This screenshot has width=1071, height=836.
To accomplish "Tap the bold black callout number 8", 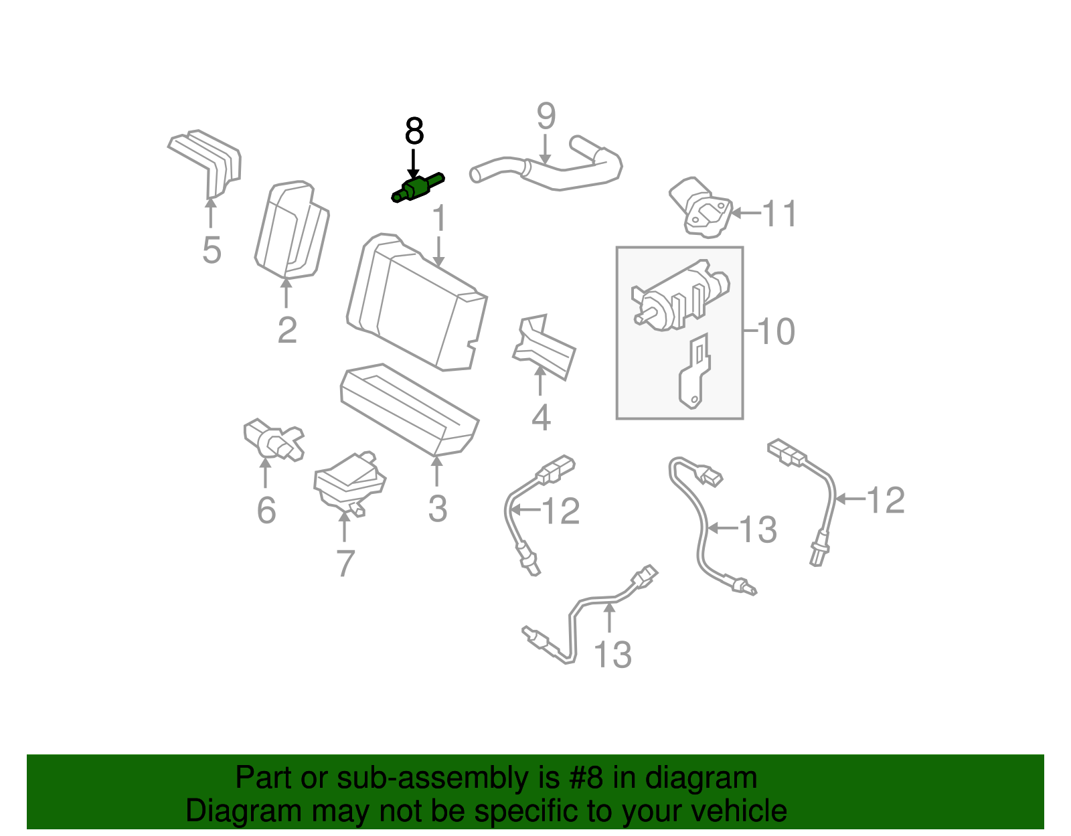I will click(x=414, y=132).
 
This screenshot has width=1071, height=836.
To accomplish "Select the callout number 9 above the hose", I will click(x=546, y=117).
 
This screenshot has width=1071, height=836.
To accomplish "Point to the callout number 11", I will click(x=780, y=214).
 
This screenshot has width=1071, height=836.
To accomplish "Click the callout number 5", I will click(x=212, y=250).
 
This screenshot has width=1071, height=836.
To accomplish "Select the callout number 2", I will click(x=287, y=330).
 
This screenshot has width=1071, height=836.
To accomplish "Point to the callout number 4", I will click(x=541, y=418).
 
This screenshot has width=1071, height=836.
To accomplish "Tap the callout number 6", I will click(x=266, y=511).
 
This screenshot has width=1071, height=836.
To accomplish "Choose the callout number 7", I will click(x=345, y=563).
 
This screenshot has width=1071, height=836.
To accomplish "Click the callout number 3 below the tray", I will click(x=437, y=509).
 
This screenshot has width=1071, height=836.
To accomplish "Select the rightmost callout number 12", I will click(x=886, y=500).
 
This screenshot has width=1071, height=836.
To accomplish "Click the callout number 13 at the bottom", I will click(x=612, y=655).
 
